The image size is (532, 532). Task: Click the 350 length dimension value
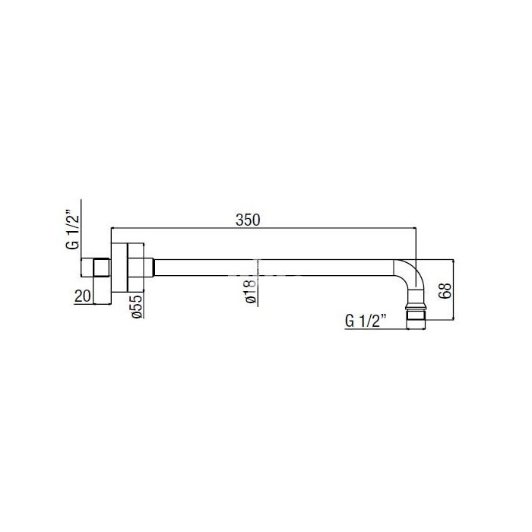click(x=248, y=220)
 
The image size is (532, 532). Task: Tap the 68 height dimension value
click(x=445, y=290)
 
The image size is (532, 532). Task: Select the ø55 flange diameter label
click(x=136, y=307)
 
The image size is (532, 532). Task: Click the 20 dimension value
click(x=83, y=296)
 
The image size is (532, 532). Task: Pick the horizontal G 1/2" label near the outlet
click(x=366, y=321)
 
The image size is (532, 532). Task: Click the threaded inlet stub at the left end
click(x=96, y=268)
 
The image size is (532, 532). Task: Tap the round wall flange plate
click(x=119, y=268)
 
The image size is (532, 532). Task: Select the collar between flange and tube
click(x=141, y=268)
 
